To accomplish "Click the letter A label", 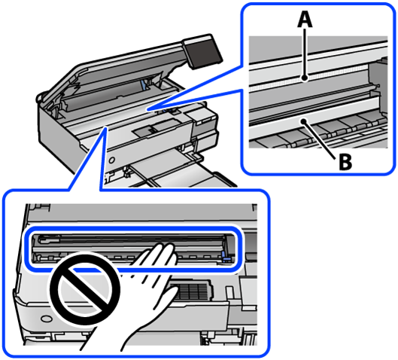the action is [x=305, y=20].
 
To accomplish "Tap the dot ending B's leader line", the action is [x=303, y=122].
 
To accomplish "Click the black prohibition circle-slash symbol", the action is [x=85, y=288].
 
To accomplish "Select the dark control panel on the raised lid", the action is [x=203, y=51].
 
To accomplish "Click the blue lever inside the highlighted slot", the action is [x=224, y=256].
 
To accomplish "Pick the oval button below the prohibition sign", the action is [x=46, y=319].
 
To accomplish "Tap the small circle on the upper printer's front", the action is [x=111, y=160].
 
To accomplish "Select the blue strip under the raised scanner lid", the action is [x=144, y=84].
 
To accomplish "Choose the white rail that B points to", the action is [x=314, y=121].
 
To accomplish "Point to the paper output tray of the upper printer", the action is [x=178, y=170].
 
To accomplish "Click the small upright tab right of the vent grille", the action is [x=229, y=291].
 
